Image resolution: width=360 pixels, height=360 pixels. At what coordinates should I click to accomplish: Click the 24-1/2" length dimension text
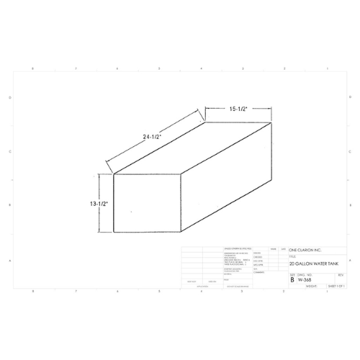151,135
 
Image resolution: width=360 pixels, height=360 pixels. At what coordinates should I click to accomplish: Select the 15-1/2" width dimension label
239,109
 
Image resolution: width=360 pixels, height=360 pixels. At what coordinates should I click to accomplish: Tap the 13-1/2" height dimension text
98,203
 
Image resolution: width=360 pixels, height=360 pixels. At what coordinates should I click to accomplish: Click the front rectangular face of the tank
148,204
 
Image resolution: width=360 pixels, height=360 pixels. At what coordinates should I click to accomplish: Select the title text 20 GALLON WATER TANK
312,265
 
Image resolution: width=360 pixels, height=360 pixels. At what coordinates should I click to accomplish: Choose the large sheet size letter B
292,279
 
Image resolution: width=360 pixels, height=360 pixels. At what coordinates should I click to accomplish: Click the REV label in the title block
340,274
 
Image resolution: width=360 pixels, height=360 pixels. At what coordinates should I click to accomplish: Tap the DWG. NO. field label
303,274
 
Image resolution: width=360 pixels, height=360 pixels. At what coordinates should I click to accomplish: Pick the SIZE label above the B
292,274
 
